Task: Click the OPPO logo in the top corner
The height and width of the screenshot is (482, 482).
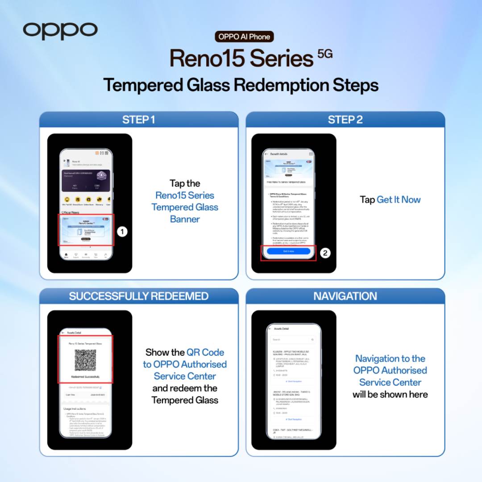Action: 60,30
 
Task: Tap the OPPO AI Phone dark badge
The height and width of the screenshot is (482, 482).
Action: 244,37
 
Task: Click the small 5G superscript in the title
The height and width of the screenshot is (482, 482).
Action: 325,54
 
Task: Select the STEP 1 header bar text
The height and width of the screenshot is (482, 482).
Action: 139,120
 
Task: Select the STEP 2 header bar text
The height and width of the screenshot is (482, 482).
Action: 345,120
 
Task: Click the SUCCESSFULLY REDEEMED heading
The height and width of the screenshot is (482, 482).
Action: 139,296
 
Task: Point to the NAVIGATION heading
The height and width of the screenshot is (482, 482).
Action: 345,296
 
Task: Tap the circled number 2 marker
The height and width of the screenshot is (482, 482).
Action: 325,253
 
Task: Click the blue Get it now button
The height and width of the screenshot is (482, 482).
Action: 288,251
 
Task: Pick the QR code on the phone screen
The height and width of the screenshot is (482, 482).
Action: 85,360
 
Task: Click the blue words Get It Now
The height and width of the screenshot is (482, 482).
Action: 399,199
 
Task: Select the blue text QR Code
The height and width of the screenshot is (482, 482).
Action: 205,352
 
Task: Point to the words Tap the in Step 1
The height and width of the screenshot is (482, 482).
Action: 185,183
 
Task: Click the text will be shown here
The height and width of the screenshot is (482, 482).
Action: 390,394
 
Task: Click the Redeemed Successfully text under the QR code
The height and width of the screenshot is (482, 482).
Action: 85,377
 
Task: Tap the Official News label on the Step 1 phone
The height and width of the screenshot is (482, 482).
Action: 70,212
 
